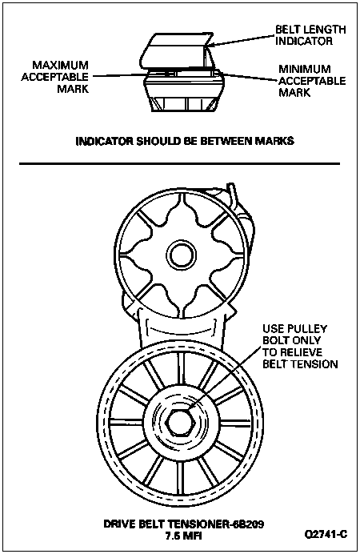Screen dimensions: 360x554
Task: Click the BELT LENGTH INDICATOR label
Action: click(310, 35)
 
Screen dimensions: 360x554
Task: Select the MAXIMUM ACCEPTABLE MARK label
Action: click(54, 77)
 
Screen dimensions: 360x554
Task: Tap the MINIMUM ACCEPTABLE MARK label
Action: click(312, 81)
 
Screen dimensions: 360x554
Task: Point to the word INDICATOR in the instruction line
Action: click(104, 141)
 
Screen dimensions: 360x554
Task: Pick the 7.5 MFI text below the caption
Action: click(183, 536)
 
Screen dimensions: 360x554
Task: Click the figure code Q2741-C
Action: click(326, 534)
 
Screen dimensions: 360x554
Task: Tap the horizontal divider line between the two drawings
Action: click(180, 163)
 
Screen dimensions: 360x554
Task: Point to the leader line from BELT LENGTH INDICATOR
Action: click(241, 39)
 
